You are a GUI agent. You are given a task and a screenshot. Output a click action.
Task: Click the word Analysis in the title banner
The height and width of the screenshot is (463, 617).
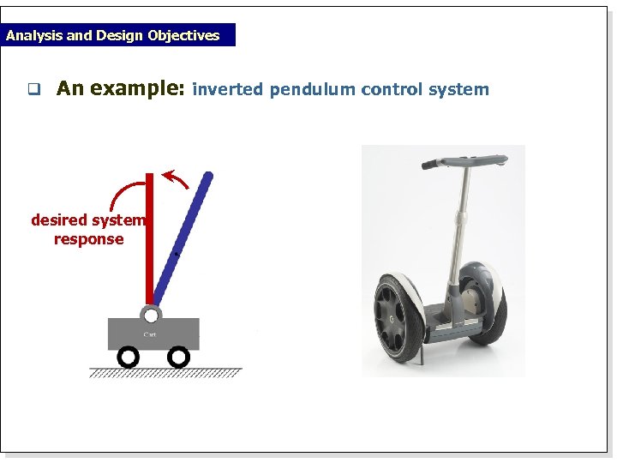coord(32,35)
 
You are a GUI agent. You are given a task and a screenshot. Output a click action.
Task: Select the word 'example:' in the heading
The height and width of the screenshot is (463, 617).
coord(137,88)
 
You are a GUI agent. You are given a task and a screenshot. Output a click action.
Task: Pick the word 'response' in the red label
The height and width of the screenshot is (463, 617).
coord(88,239)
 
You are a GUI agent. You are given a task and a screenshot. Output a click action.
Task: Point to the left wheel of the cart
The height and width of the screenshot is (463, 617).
coord(128,356)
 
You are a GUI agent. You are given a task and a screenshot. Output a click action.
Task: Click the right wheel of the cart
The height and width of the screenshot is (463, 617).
coord(177,356)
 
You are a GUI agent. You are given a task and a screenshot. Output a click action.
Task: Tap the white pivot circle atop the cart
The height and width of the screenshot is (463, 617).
coord(151,316)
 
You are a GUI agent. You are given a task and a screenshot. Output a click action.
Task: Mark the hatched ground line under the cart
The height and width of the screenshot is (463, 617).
coord(165,372)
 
